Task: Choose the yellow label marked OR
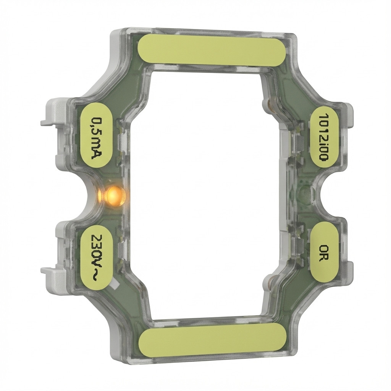pyautogui.click(x=324, y=252)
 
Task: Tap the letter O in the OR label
pyautogui.click(x=324, y=248)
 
